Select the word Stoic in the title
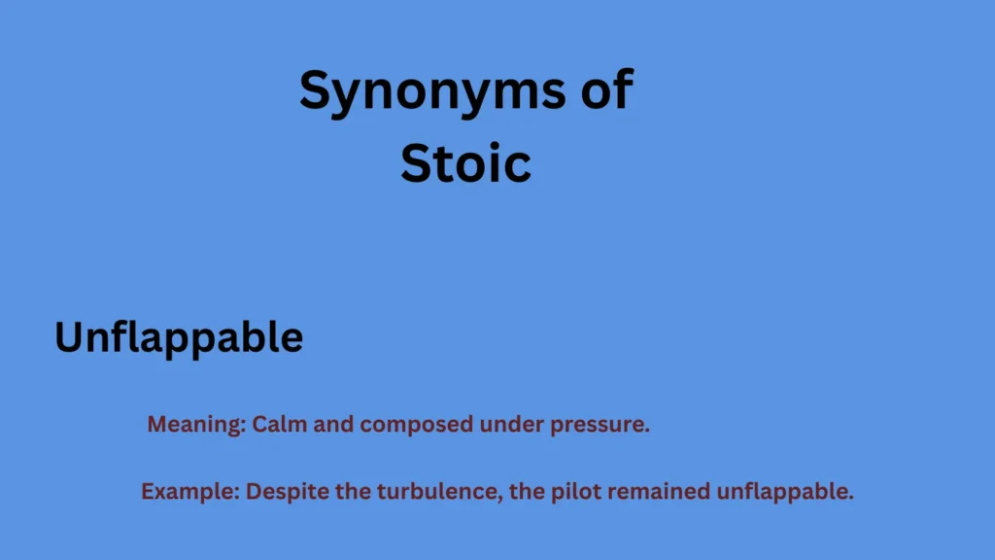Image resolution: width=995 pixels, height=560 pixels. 465,162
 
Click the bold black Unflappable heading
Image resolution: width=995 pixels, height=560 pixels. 179,337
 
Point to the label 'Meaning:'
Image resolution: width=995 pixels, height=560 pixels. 197,425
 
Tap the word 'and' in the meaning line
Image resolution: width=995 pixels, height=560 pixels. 330,425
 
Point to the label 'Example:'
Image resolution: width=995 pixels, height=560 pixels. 190,492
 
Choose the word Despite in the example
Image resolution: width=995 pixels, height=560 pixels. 283,492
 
